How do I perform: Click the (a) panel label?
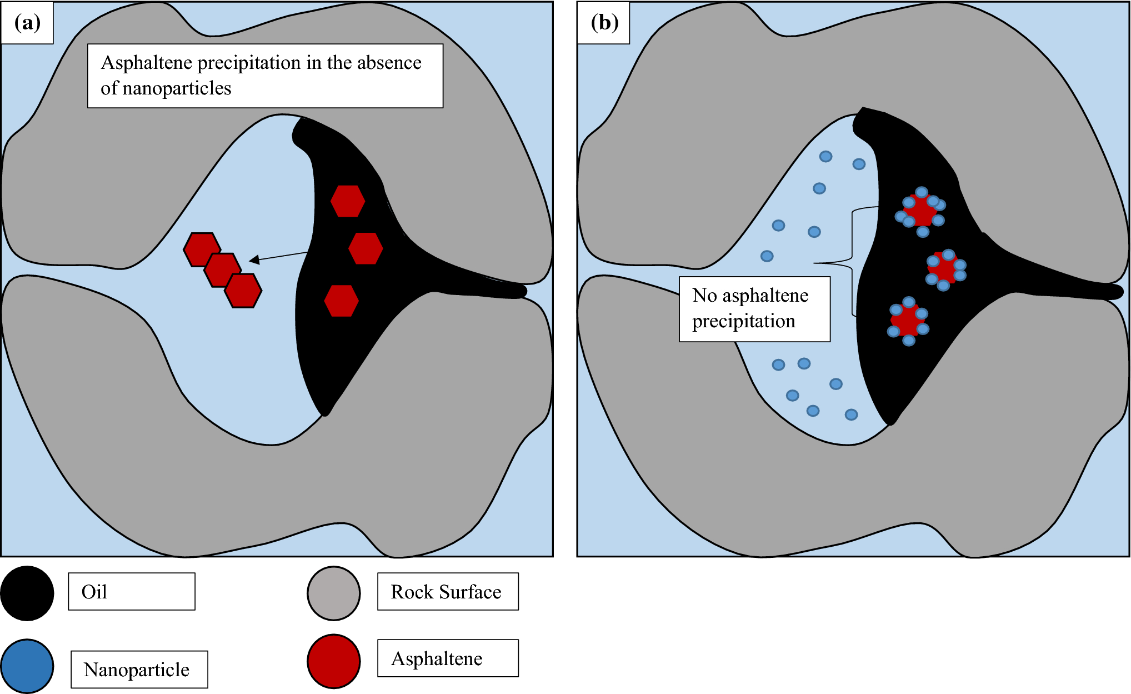27,22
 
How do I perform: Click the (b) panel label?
604,22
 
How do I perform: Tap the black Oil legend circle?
27,593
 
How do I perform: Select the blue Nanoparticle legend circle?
27,666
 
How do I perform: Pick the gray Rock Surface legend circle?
334,593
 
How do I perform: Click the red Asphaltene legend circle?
334,661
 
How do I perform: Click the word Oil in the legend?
94,592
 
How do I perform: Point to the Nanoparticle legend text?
137,670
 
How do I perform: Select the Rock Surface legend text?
446,592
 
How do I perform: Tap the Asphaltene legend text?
437,658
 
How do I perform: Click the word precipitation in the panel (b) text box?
744,321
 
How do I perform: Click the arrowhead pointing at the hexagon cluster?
254,259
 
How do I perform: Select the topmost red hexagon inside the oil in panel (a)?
348,201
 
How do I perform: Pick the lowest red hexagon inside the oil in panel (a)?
342,301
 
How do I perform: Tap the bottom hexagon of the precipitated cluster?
243,291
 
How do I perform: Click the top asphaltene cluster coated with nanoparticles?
920,212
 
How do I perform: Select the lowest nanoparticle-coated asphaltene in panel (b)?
908,321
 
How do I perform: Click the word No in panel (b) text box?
705,295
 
